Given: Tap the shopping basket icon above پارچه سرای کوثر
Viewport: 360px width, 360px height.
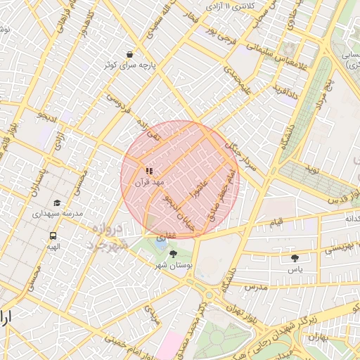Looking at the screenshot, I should [129, 54].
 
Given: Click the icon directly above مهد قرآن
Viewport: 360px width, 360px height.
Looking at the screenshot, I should [149, 171].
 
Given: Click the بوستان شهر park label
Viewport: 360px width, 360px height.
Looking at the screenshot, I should [173, 265].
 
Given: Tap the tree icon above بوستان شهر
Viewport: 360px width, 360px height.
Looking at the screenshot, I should [173, 254].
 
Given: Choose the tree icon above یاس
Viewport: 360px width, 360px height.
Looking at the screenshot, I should [295, 259].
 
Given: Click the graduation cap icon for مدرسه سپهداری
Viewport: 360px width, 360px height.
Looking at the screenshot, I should [56, 202].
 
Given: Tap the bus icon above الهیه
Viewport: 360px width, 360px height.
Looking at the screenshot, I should [53, 236].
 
